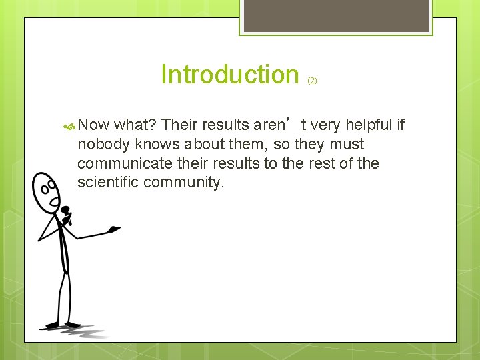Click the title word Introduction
[230, 75]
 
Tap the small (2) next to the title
[312, 81]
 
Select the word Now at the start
[93, 125]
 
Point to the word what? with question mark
[135, 125]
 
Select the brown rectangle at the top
[336, 15]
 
